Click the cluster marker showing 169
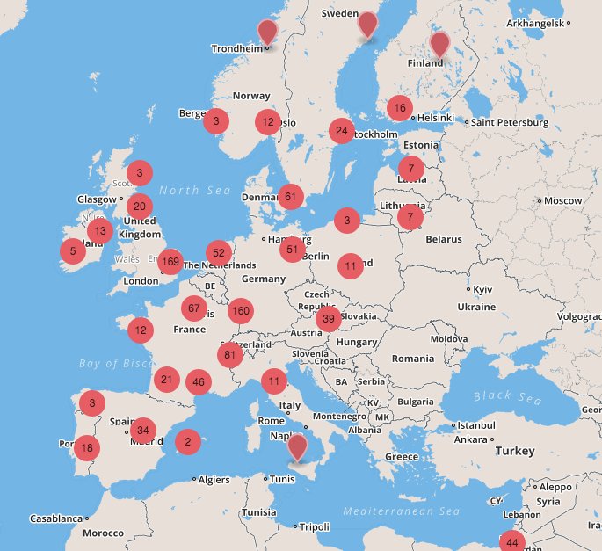point(170,262)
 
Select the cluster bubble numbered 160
point(240,311)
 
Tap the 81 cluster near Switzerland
point(231,355)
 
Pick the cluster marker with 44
point(512,541)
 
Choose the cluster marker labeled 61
point(290,197)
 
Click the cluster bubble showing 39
point(329,319)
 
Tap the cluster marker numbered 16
point(400,108)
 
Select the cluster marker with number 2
point(187,442)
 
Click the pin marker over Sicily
point(299,446)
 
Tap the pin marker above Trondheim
point(267,32)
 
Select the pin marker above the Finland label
point(439,43)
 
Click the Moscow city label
point(563,200)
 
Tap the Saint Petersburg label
point(510,123)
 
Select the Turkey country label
point(514,451)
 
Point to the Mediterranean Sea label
point(402,511)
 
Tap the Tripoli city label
point(315,526)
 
